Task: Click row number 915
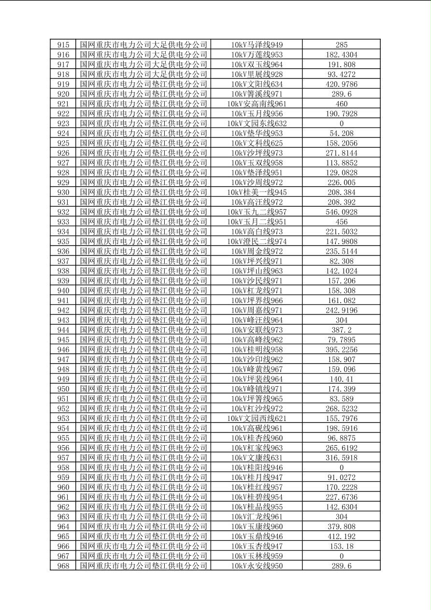point(63,45)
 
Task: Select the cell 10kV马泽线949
point(257,45)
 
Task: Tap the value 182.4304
point(341,55)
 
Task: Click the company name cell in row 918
point(144,74)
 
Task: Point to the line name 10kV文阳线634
point(257,84)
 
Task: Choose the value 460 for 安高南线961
point(341,104)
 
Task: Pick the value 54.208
point(341,133)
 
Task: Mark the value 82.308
point(341,261)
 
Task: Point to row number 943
point(63,320)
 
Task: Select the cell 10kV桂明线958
point(257,349)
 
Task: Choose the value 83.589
point(341,399)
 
